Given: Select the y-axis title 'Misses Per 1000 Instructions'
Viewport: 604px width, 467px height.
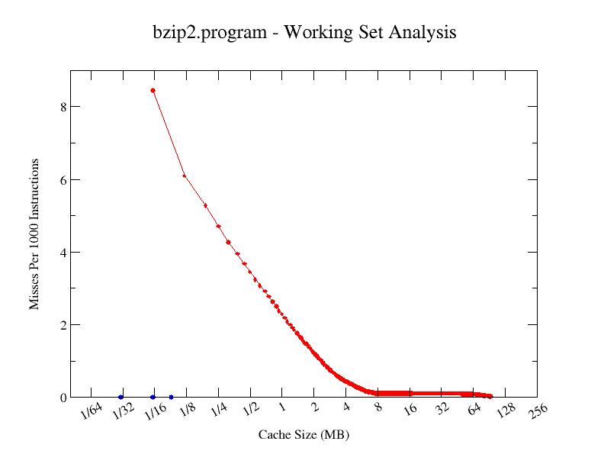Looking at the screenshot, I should tap(34, 235).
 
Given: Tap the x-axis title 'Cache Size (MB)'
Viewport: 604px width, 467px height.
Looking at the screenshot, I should tap(304, 435).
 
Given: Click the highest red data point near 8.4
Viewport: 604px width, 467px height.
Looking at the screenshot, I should tap(153, 90).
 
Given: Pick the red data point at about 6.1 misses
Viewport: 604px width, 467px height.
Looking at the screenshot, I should tap(185, 176).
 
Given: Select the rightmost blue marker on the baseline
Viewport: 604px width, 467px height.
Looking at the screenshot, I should tap(171, 397).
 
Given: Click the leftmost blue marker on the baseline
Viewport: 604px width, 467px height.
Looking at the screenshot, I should tap(121, 397).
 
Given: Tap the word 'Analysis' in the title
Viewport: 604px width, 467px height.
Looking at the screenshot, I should tap(423, 33).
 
